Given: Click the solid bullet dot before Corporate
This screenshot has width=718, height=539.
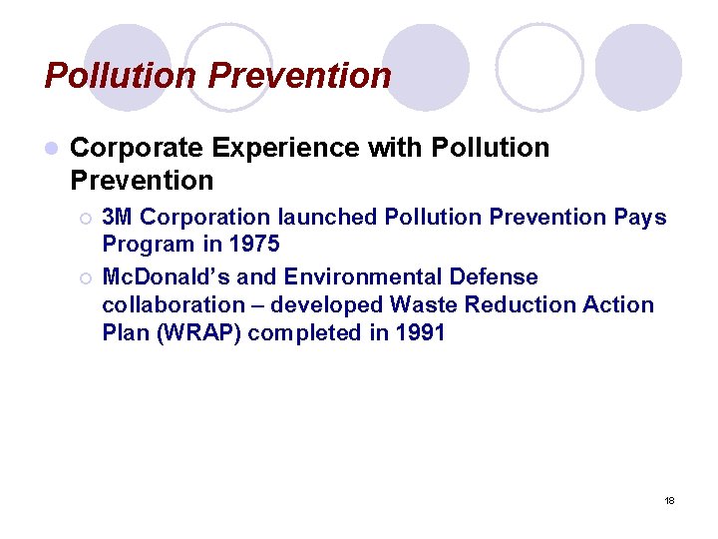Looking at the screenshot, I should [x=51, y=149].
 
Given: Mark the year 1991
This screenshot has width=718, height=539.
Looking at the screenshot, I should [x=418, y=332].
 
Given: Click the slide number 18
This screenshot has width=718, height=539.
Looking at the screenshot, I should [x=669, y=500].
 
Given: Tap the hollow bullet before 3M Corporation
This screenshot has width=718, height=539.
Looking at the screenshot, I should [x=86, y=218].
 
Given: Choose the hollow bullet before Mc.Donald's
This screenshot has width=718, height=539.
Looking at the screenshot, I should [x=86, y=277].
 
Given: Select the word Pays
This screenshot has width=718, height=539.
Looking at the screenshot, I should [x=638, y=217].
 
